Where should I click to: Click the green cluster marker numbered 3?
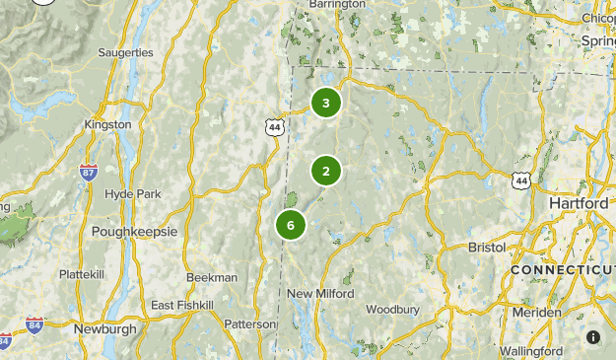[326, 103]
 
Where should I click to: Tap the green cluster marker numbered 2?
[326, 171]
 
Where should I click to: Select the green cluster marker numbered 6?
[291, 225]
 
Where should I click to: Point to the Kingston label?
[108, 124]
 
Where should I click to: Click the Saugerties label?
[126, 52]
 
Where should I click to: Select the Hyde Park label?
[132, 194]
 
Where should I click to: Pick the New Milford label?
[320, 294]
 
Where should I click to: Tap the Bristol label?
[486, 247]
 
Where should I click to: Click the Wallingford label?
[530, 351]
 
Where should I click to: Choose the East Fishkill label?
[181, 306]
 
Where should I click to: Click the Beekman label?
[212, 277]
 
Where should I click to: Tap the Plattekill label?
[83, 273]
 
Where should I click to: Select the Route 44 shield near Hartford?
[520, 179]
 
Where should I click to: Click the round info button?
[593, 337]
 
